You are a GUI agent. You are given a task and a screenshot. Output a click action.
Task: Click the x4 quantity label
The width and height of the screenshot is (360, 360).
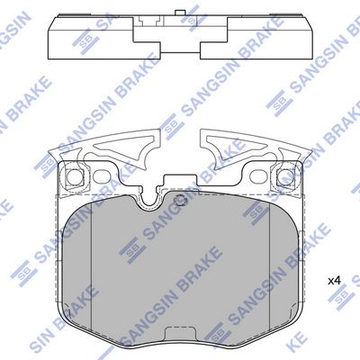[334, 281]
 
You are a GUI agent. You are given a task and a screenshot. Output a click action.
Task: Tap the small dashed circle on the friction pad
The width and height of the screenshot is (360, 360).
[181, 200]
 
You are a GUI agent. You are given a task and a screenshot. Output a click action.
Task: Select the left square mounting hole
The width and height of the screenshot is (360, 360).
[74, 176]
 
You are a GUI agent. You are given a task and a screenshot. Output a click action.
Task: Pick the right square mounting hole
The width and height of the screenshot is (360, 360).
[285, 176]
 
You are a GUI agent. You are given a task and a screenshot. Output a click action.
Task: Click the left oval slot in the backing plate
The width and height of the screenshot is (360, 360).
[102, 177]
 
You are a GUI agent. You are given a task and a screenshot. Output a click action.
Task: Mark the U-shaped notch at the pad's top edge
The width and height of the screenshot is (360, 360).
[150, 199]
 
